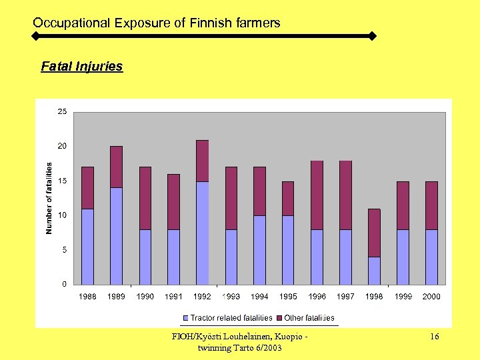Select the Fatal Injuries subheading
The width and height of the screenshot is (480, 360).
tap(82, 67)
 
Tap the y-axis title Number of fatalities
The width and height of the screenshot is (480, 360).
tap(49, 198)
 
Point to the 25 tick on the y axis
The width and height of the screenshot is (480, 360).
tap(61, 112)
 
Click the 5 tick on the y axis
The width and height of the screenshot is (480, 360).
tap(64, 250)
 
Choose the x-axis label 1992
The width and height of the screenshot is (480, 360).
tap(202, 297)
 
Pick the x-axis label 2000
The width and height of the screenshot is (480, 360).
tap(431, 297)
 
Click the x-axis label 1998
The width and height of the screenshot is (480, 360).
tap(374, 297)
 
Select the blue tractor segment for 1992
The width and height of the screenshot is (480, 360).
tap(202, 233)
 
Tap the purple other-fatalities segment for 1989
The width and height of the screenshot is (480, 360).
tap(116, 167)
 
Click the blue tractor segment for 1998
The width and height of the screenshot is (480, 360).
tap(374, 271)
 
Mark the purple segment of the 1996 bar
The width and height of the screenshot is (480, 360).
tap(317, 195)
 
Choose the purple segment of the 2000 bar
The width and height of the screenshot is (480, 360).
tap(431, 205)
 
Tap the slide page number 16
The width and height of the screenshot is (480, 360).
tap(434, 337)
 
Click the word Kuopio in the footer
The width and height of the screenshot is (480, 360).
tap(288, 337)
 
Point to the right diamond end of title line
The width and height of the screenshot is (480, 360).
tap(372, 35)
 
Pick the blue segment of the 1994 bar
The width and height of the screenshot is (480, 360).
tap(259, 250)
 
